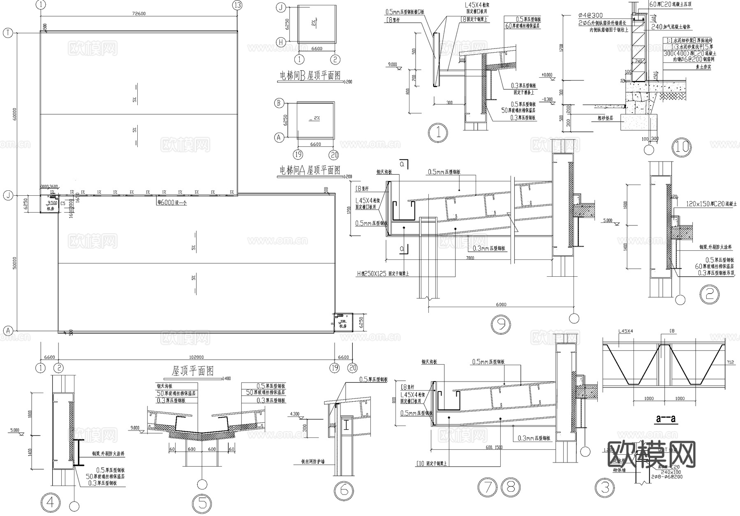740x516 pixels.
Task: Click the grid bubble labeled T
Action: tap(7, 33)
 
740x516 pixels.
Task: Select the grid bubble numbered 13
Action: tap(237, 5)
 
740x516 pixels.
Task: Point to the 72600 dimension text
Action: tap(139, 14)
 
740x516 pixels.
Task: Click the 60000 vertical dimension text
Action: tap(14, 113)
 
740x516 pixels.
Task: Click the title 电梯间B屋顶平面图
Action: tap(310, 76)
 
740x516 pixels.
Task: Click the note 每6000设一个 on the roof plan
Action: tap(172, 202)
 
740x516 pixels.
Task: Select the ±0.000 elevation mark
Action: tap(547, 75)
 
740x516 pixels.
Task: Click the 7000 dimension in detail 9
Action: tap(470, 258)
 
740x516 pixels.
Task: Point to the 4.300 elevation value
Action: tap(295, 414)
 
